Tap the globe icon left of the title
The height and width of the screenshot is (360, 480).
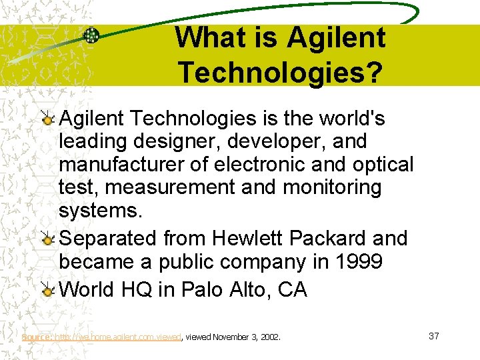click(x=91, y=35)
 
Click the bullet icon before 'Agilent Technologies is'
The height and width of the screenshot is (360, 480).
click(x=47, y=119)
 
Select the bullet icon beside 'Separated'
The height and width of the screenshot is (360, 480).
click(x=47, y=239)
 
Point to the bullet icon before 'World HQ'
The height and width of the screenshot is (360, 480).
click(x=47, y=291)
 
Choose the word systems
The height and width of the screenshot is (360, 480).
click(x=100, y=211)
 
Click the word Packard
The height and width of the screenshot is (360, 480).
click(x=330, y=238)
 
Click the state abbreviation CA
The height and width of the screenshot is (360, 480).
click(x=291, y=291)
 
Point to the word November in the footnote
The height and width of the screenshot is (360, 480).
click(x=233, y=337)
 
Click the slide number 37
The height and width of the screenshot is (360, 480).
click(x=433, y=336)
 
